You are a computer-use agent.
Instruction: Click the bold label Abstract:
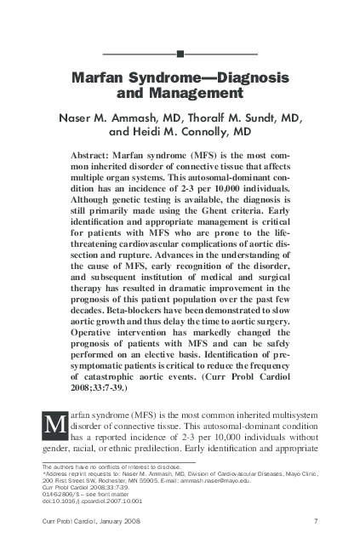(96, 157)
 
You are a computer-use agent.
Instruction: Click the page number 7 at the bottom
(315, 521)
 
